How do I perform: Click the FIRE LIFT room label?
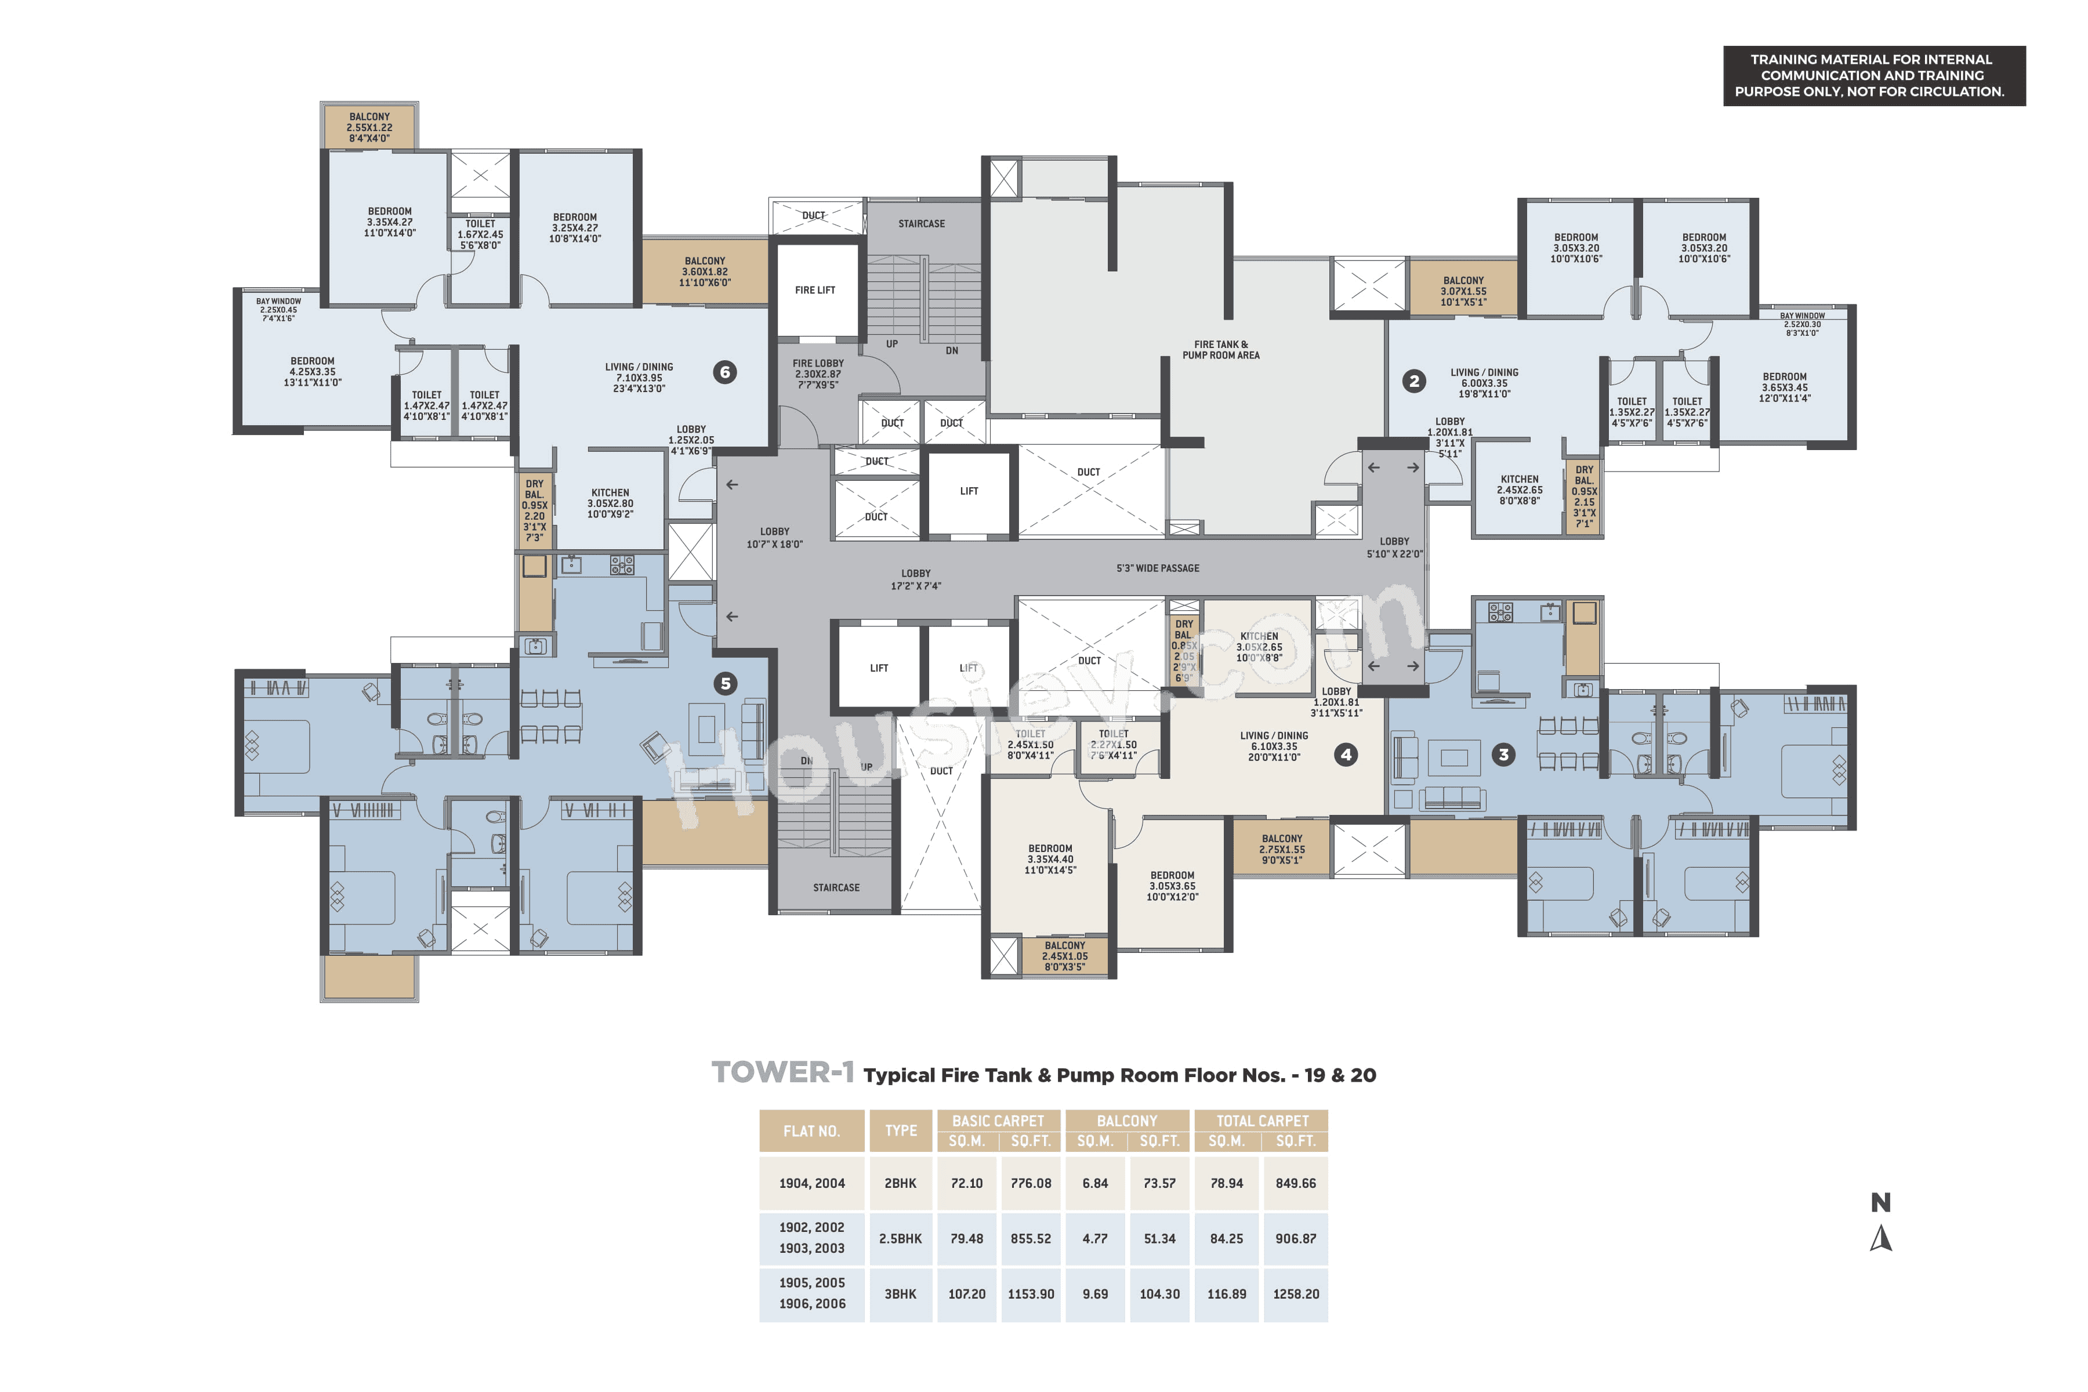click(x=814, y=291)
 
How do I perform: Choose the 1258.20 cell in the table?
click(x=1295, y=1295)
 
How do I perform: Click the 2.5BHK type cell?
click(x=900, y=1238)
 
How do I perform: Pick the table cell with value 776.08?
click(x=1030, y=1183)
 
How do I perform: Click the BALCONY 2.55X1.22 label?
click(x=369, y=127)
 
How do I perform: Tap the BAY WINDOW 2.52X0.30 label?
click(x=1802, y=324)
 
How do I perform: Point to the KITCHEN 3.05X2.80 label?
click(x=610, y=503)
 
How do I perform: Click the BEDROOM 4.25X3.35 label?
click(x=313, y=372)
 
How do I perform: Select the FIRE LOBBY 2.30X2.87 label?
click(x=818, y=374)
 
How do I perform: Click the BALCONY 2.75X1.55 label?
click(x=1281, y=849)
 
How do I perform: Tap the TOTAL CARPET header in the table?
click(x=1261, y=1121)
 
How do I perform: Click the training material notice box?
click(x=1873, y=75)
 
